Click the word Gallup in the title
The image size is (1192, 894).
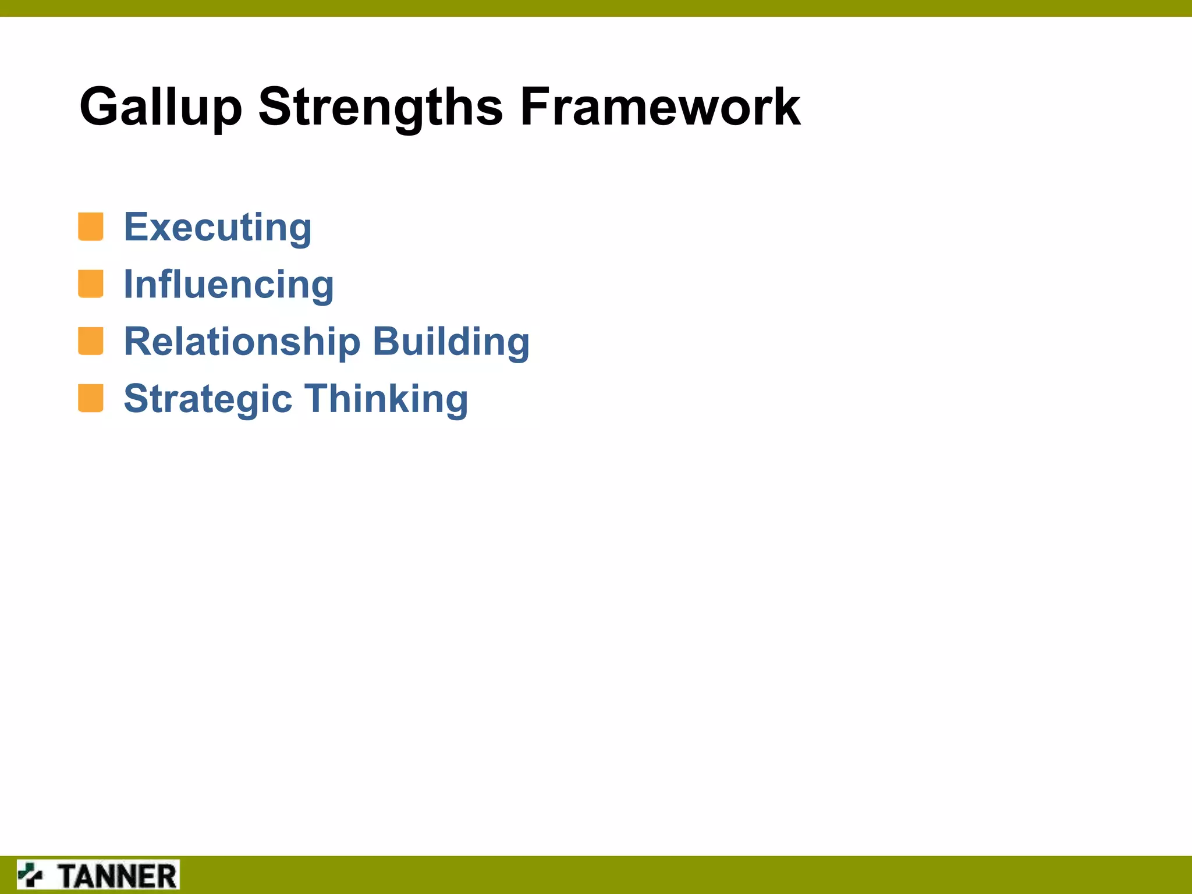[x=160, y=108]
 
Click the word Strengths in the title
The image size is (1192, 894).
[x=380, y=108]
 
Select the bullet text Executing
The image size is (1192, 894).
[x=218, y=228]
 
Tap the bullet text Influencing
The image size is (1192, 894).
[x=229, y=285]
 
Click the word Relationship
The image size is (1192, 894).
[x=242, y=342]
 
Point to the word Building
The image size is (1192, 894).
[x=451, y=342]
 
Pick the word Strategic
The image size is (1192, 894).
[x=208, y=399]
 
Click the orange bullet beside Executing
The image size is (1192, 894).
[x=91, y=227]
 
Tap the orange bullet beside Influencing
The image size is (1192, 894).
[x=91, y=284]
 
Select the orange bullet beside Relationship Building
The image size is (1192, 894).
[x=91, y=341]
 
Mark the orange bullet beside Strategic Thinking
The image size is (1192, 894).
[x=91, y=398]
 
